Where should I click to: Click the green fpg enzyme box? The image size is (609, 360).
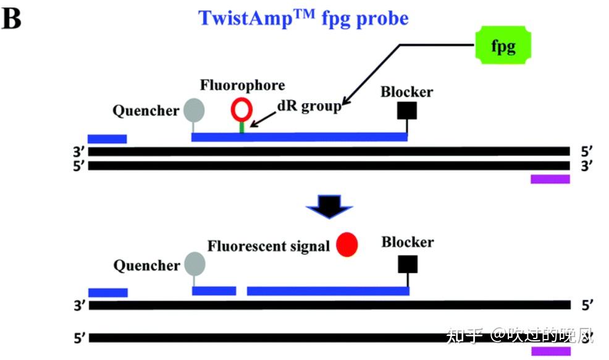point(503,45)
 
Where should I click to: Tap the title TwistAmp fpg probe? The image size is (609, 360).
point(303,19)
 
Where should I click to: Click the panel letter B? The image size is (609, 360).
point(11,19)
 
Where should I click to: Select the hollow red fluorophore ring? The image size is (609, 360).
point(241,109)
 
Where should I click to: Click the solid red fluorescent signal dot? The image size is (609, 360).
point(346,245)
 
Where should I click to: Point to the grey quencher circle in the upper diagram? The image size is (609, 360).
point(194,110)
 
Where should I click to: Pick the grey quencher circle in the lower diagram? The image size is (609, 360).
point(195,264)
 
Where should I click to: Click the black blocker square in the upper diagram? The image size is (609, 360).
point(407,111)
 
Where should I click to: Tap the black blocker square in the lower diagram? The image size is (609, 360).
point(408,264)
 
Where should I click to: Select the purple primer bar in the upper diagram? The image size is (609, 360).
point(550,179)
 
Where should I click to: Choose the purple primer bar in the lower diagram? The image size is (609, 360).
point(551,351)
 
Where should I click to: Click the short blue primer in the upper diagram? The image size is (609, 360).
point(107,139)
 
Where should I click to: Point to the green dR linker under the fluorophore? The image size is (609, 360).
point(241,127)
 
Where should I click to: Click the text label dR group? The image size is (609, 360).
point(309,106)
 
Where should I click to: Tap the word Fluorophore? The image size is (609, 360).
point(242,85)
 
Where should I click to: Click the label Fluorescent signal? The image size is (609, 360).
point(269,246)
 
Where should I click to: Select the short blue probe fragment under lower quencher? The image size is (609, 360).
point(214,291)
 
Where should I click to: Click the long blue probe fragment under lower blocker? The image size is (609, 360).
point(328,291)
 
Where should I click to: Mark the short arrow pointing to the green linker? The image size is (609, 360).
point(263,119)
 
